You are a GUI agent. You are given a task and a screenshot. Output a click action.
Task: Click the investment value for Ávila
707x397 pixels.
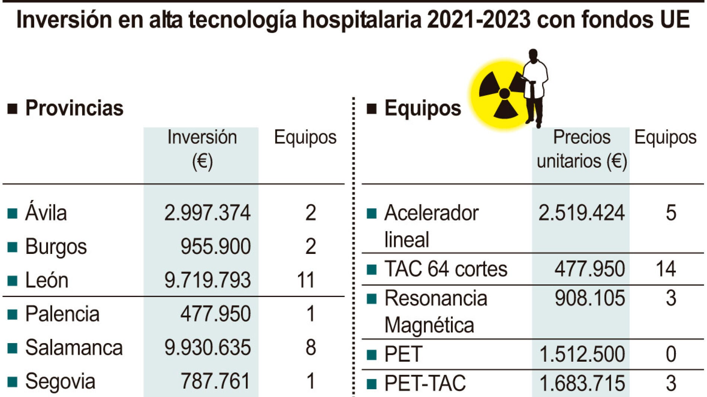pyautogui.click(x=207, y=213)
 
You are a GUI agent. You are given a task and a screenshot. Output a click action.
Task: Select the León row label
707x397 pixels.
pyautogui.click(x=47, y=280)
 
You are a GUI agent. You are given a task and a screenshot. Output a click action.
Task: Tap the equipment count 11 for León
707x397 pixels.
pyautogui.click(x=306, y=280)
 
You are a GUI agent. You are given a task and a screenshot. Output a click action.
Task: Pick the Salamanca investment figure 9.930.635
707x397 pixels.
pyautogui.click(x=207, y=348)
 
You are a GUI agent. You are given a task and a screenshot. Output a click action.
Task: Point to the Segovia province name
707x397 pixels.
pyautogui.click(x=60, y=381)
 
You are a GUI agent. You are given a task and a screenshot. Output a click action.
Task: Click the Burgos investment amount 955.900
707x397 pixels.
pyautogui.click(x=215, y=246)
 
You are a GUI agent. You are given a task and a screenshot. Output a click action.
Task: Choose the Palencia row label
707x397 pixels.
pyautogui.click(x=63, y=314)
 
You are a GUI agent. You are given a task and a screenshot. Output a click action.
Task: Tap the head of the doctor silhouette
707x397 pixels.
pyautogui.click(x=533, y=55)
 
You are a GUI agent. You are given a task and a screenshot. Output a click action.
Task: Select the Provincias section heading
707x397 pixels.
pyautogui.click(x=74, y=108)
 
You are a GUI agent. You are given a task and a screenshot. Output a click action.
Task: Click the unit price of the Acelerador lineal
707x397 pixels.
pyautogui.click(x=581, y=213)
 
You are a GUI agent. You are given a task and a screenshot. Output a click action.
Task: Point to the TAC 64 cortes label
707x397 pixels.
pyautogui.click(x=446, y=269)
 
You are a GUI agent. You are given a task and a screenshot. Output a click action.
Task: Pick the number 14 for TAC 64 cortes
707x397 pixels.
pyautogui.click(x=666, y=269)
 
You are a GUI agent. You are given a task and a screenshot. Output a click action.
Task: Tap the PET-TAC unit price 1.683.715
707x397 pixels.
pyautogui.click(x=582, y=383)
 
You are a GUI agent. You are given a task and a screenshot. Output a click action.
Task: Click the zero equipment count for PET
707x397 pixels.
pyautogui.click(x=671, y=354)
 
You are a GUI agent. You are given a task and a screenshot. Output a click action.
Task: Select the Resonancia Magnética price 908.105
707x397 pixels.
pyautogui.click(x=589, y=298)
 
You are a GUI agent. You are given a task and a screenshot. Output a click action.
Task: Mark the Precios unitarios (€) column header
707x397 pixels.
pyautogui.click(x=582, y=149)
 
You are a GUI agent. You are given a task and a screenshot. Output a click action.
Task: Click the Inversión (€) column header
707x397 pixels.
pyautogui.click(x=202, y=149)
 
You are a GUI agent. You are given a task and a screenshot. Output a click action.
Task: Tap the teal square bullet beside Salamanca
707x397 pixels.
pyautogui.click(x=12, y=348)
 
